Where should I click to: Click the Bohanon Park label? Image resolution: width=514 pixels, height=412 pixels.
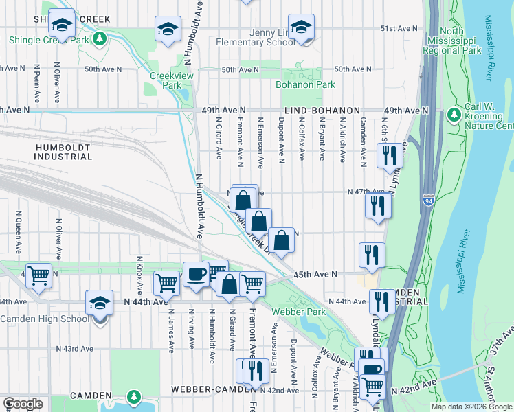(305, 85)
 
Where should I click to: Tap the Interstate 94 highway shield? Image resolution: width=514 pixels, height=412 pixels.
(429, 201)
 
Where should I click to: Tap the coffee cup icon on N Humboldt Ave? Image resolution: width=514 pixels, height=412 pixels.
(196, 274)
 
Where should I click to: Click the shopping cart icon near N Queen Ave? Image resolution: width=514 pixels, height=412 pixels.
(39, 275)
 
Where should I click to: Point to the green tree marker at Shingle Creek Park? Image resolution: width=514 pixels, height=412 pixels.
(100, 38)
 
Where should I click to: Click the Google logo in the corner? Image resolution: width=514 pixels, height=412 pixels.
(23, 403)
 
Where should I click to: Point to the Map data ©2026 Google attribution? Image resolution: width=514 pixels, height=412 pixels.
(471, 407)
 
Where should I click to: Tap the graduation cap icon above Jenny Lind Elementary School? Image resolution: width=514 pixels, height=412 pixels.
(301, 27)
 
